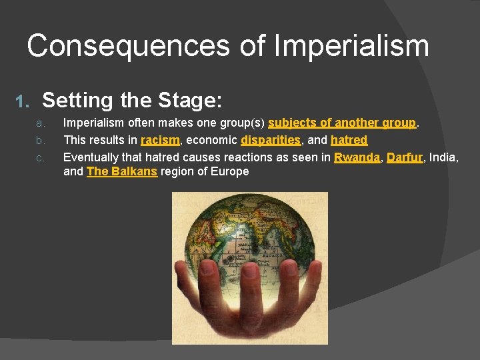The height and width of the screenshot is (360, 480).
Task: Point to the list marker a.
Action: pos(40,123)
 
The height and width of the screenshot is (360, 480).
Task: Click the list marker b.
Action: pos(40,141)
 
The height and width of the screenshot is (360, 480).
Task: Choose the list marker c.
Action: pos(40,158)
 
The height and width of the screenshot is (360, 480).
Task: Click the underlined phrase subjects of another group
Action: pos(342,123)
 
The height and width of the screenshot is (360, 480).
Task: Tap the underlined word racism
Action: pos(160,140)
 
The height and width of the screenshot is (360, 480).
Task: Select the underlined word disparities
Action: pos(271,140)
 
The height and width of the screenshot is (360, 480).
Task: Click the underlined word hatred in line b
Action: pos(349,140)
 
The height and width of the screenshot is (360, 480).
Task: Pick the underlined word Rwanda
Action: pos(357,157)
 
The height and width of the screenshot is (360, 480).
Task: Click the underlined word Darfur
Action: pos(404,157)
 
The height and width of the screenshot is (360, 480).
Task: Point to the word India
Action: pos(443,157)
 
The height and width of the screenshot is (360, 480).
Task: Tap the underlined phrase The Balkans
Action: pos(121,171)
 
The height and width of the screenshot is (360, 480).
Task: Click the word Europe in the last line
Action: pos(231,171)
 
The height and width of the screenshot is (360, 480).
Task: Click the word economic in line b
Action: pos(211,140)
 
